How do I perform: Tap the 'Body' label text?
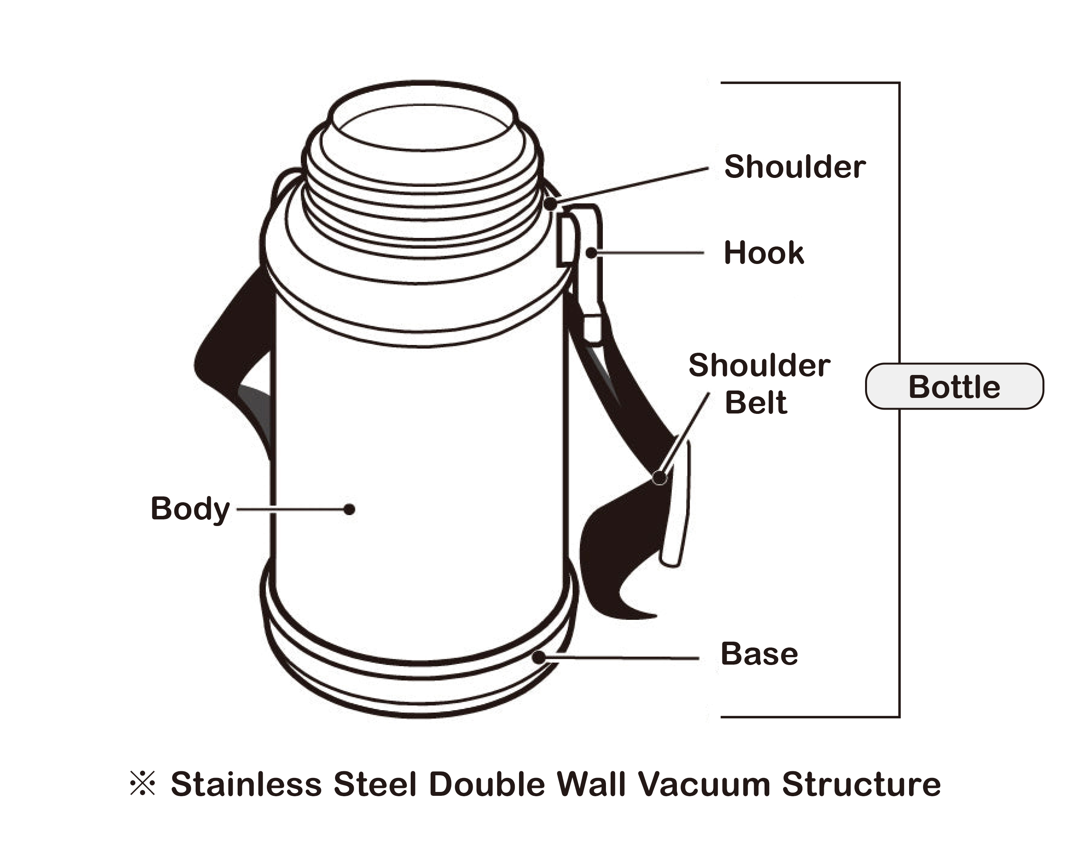pyautogui.click(x=190, y=509)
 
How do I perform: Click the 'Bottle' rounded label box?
pyautogui.click(x=954, y=387)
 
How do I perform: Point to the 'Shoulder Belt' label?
pyautogui.click(x=759, y=384)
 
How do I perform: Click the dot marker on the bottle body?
pyautogui.click(x=349, y=509)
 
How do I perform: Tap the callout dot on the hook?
pyautogui.click(x=591, y=253)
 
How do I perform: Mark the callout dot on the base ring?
pyautogui.click(x=539, y=657)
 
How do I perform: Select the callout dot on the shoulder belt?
pyautogui.click(x=659, y=478)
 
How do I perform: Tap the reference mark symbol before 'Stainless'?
pyautogui.click(x=143, y=783)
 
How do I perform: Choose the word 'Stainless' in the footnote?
pyautogui.click(x=246, y=785)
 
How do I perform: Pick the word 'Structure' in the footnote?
pyautogui.click(x=861, y=785)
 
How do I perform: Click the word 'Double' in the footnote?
pyautogui.click(x=487, y=785)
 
